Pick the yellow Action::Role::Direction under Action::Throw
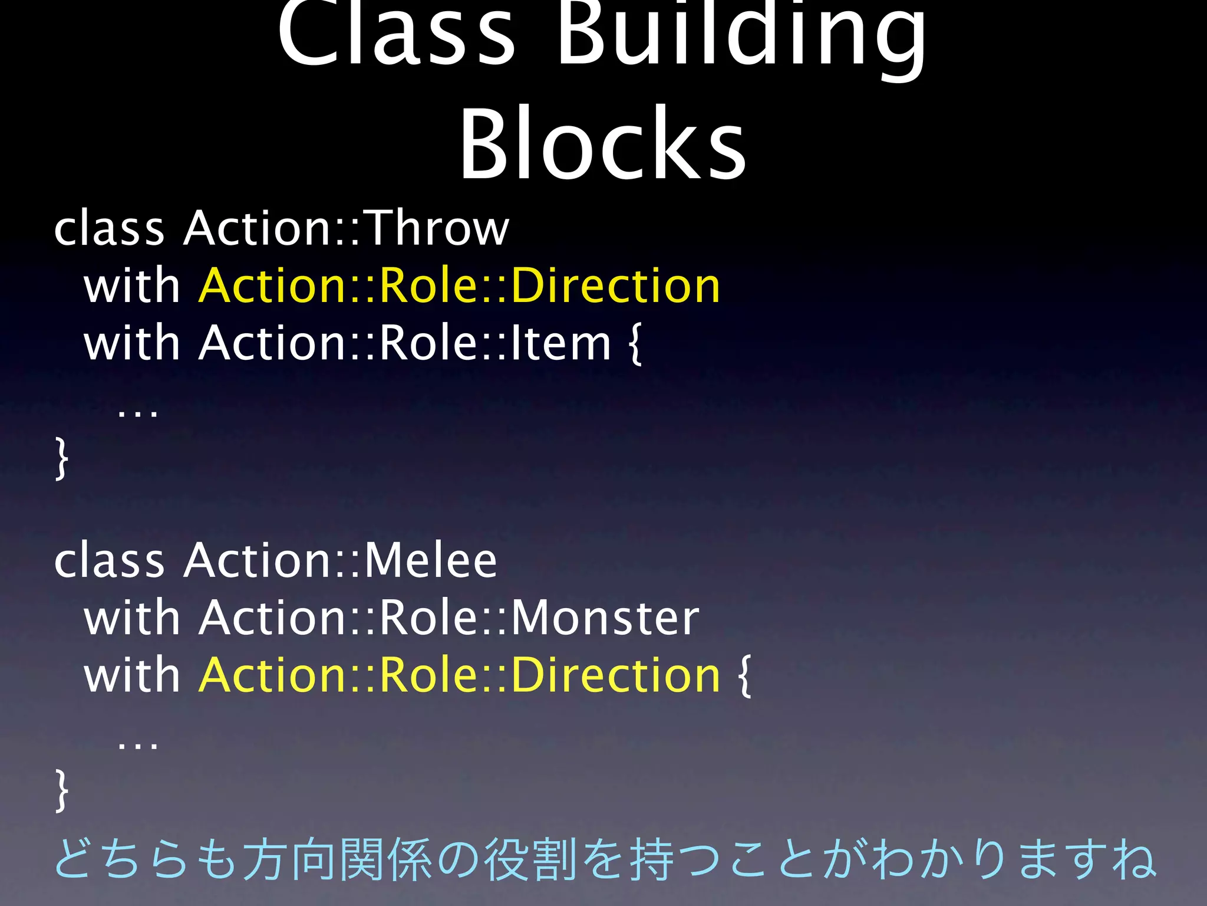pos(459,285)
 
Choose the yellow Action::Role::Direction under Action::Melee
pos(459,675)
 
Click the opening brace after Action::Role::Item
pos(635,344)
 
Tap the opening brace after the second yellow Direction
pos(744,676)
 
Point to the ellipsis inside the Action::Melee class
pos(137,744)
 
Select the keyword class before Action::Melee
pos(109,560)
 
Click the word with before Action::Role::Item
pos(131,343)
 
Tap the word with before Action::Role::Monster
pos(131,618)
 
